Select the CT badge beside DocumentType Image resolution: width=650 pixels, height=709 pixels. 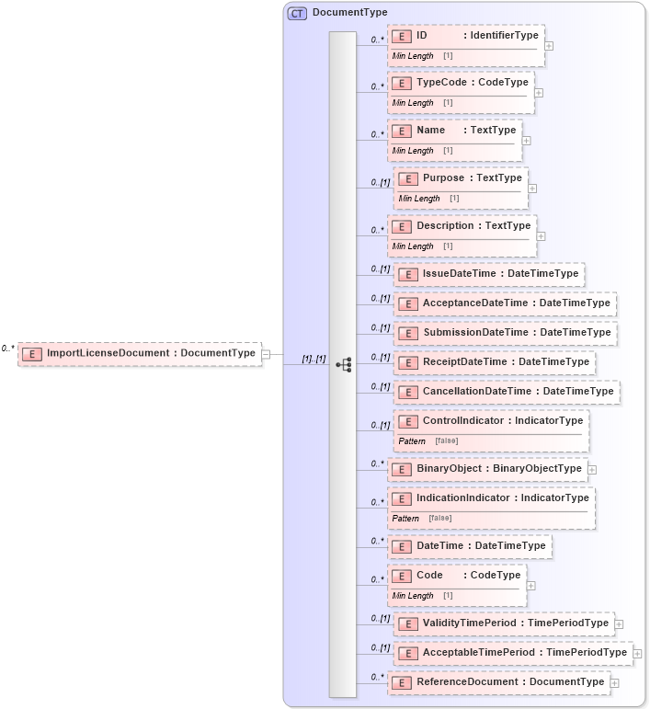[297, 13]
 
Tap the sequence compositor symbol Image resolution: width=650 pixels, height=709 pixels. [343, 364]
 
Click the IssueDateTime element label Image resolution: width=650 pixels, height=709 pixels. [500, 274]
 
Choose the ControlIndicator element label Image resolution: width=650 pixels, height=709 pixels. [502, 421]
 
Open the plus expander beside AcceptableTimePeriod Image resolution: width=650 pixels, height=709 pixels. [638, 654]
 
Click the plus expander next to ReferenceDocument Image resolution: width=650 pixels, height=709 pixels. [614, 682]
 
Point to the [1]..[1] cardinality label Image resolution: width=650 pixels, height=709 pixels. [314, 359]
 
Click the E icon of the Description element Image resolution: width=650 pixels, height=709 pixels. [401, 226]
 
